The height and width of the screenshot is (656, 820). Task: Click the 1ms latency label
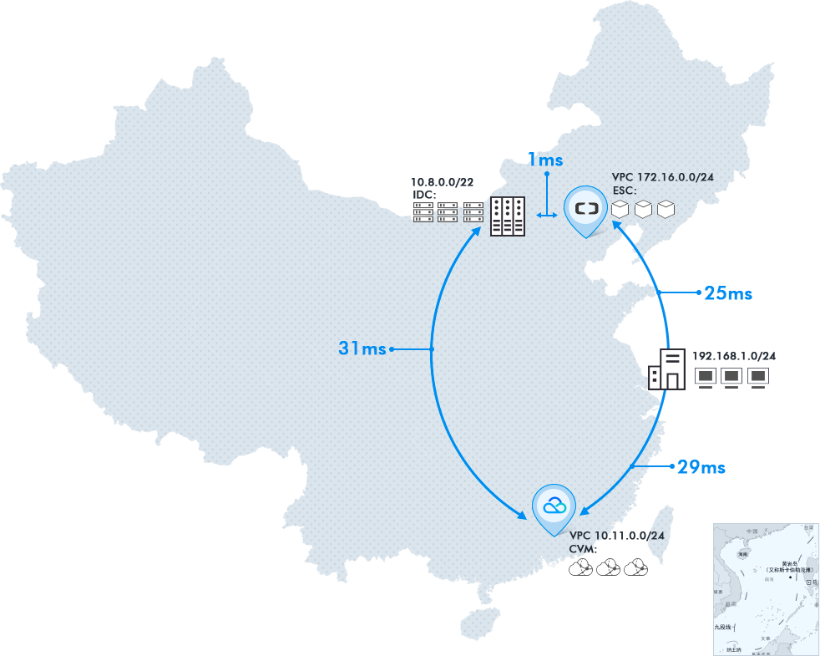545,160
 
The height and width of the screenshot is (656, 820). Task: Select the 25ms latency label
728,293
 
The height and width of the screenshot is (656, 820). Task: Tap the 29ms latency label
701,467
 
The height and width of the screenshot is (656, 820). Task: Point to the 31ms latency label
362,348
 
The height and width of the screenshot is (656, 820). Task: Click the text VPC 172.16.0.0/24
662,177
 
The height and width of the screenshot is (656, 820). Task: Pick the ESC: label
625,191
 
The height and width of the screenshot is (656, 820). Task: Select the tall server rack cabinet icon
507,216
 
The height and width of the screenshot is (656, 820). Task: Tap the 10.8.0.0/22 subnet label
443,182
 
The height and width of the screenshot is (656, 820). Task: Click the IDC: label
425,195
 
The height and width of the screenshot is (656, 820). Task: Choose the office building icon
667,369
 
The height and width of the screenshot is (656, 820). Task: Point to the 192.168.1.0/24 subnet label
734,357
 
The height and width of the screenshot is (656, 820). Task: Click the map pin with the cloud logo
554,506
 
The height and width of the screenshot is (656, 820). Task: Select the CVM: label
582,548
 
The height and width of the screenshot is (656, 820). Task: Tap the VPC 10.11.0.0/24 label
616,536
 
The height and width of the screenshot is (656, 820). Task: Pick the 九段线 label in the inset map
722,626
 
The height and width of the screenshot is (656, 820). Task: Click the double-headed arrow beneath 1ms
546,216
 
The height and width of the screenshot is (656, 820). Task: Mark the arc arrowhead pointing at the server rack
477,231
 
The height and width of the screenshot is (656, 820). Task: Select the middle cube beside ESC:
643,209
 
